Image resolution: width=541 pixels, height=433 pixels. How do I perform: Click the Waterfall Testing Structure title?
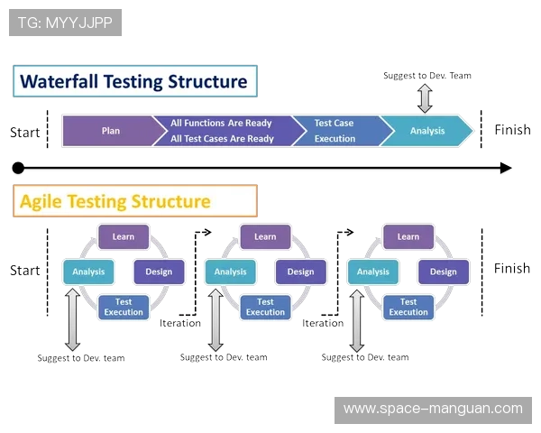click(x=133, y=81)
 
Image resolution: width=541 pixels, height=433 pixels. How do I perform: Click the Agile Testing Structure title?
click(x=115, y=201)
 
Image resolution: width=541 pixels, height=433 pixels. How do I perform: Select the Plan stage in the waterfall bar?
click(x=111, y=131)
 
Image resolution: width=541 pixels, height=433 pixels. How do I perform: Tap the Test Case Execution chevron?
click(x=335, y=131)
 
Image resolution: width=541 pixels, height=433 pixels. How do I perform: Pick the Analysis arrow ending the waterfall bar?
click(x=427, y=131)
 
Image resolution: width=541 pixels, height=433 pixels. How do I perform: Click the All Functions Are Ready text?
click(x=222, y=123)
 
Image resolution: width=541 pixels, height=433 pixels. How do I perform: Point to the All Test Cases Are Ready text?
click(x=222, y=139)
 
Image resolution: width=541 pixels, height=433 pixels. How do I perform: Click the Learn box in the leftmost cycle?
click(x=124, y=237)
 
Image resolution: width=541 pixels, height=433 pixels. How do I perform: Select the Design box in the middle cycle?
click(x=301, y=272)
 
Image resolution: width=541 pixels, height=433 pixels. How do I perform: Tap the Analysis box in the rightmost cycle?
click(x=372, y=272)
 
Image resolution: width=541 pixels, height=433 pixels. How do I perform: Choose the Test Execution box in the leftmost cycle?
click(x=124, y=307)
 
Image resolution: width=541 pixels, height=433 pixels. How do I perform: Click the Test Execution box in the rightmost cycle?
click(x=408, y=307)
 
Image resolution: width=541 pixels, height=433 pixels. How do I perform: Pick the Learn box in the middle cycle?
click(x=265, y=237)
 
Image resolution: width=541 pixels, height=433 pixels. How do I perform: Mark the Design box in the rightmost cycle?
click(x=444, y=272)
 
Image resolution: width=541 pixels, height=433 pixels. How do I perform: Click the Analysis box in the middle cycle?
click(x=230, y=272)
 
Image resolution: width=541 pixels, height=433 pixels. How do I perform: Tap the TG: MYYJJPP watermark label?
click(x=65, y=23)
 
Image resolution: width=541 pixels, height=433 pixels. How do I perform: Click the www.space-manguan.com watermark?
click(x=433, y=409)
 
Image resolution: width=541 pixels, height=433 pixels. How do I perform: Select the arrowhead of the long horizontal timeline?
click(x=509, y=169)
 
